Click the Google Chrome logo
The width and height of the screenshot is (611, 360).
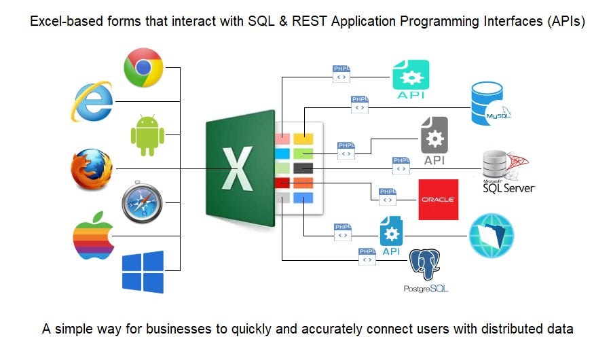click(143, 67)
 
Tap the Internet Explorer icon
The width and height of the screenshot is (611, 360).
click(93, 101)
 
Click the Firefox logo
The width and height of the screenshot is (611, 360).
click(92, 169)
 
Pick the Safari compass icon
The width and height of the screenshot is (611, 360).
click(143, 202)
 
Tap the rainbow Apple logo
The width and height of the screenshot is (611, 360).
click(94, 236)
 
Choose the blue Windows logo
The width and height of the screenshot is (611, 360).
click(143, 272)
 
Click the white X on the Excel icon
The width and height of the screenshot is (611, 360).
click(238, 169)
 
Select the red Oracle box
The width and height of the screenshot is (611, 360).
click(438, 200)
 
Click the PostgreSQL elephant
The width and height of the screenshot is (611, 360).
click(425, 266)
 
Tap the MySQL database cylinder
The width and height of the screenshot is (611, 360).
click(491, 104)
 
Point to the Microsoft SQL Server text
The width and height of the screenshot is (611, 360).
click(509, 186)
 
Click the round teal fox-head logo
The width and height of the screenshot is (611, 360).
click(491, 235)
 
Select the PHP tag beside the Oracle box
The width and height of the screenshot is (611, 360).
click(388, 196)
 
